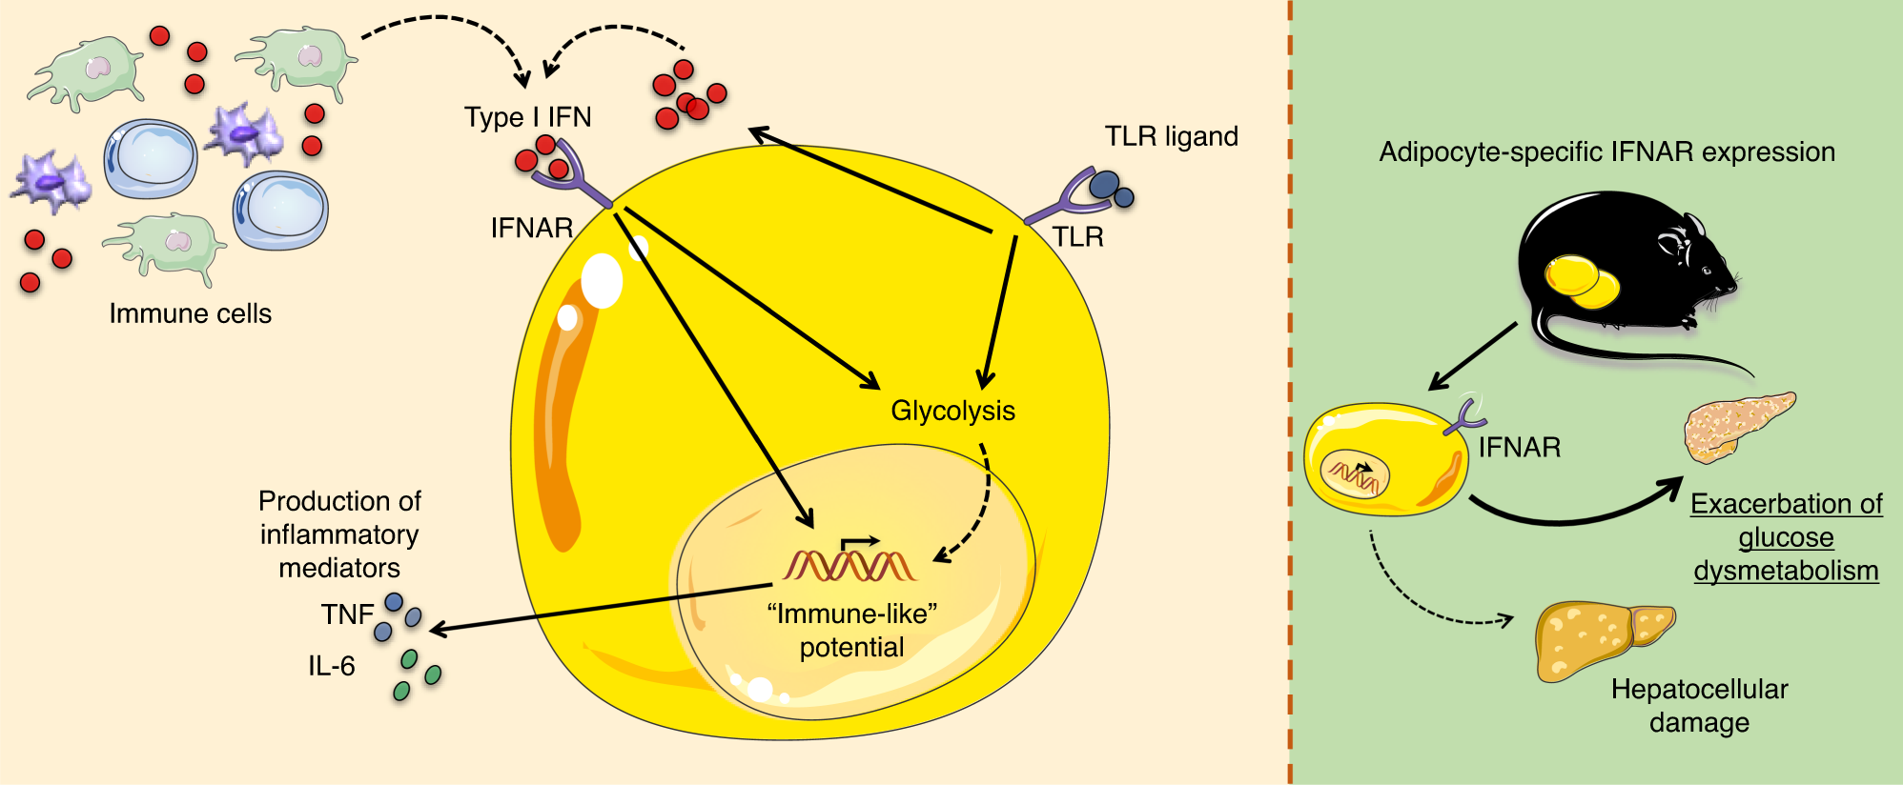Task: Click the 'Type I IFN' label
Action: tap(527, 117)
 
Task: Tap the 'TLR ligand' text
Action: tap(1171, 137)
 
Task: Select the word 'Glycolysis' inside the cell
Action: tap(952, 411)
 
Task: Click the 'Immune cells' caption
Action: tap(190, 313)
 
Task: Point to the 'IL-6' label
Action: tap(331, 666)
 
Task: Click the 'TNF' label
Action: tap(346, 614)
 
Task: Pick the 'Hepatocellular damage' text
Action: tap(1699, 705)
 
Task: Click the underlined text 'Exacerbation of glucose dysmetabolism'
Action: tap(1786, 537)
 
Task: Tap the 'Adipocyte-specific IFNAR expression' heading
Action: tap(1606, 152)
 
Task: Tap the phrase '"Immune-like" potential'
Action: tap(851, 631)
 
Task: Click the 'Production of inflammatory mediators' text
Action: tap(339, 534)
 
